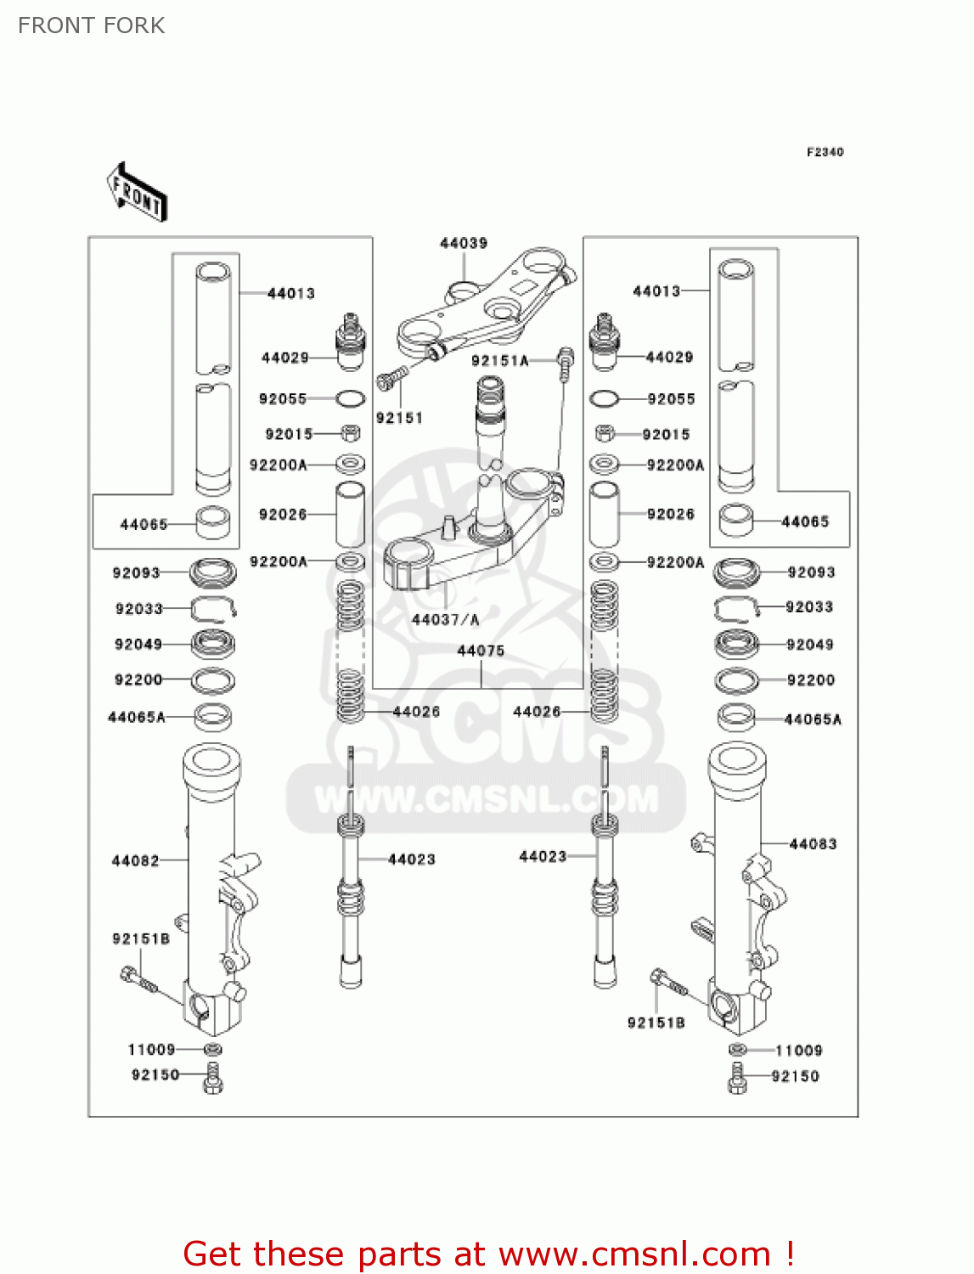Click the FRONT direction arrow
137,192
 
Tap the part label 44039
464,244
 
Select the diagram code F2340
825,152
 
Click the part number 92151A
500,361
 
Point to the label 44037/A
445,620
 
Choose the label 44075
481,651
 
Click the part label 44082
136,860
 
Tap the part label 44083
813,843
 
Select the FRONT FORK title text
92,25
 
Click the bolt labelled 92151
391,377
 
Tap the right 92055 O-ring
604,398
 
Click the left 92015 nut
350,434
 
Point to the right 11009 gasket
738,1050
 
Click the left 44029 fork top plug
350,341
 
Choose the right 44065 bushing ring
736,521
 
